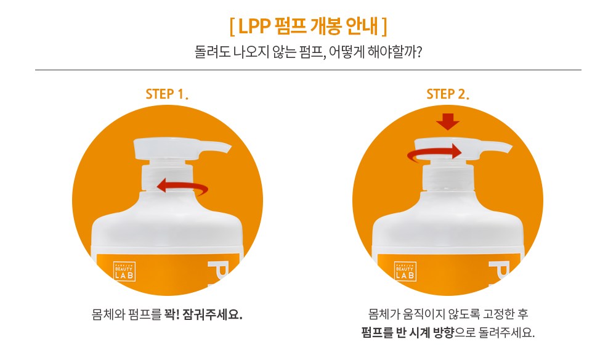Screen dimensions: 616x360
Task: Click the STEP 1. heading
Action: click(167, 94)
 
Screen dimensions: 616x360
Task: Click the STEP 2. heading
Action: click(448, 94)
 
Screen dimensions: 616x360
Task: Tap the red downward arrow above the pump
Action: click(447, 122)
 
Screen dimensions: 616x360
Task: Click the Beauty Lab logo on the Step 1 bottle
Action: click(124, 272)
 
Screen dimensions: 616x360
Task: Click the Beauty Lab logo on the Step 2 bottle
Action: click(405, 272)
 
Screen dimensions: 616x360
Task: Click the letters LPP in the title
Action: click(254, 27)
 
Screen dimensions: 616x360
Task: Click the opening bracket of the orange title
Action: click(232, 27)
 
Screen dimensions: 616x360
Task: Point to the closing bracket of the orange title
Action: click(384, 27)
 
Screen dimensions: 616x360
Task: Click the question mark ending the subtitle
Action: click(418, 52)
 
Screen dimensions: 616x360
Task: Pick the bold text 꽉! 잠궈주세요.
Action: click(203, 314)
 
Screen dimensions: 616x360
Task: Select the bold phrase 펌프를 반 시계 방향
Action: click(408, 332)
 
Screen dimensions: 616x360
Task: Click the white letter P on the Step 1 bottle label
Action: click(217, 271)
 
